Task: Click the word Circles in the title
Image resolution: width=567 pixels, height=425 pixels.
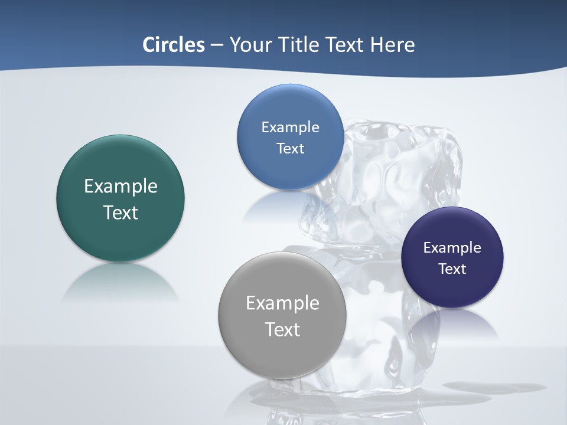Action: [173, 45]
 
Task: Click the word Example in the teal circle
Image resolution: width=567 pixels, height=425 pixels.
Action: [120, 187]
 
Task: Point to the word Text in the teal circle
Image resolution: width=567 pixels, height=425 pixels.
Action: [120, 213]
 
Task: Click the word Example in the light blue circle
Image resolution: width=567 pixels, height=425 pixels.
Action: [290, 127]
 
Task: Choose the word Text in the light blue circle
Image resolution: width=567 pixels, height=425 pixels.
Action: [290, 149]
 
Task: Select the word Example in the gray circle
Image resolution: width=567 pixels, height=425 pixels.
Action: [282, 303]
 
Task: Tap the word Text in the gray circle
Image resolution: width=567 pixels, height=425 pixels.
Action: [282, 329]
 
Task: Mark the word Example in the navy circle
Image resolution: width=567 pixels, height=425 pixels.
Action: [452, 248]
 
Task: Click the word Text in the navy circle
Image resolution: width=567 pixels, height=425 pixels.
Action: [452, 269]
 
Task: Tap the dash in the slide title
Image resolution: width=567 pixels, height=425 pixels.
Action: [217, 45]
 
